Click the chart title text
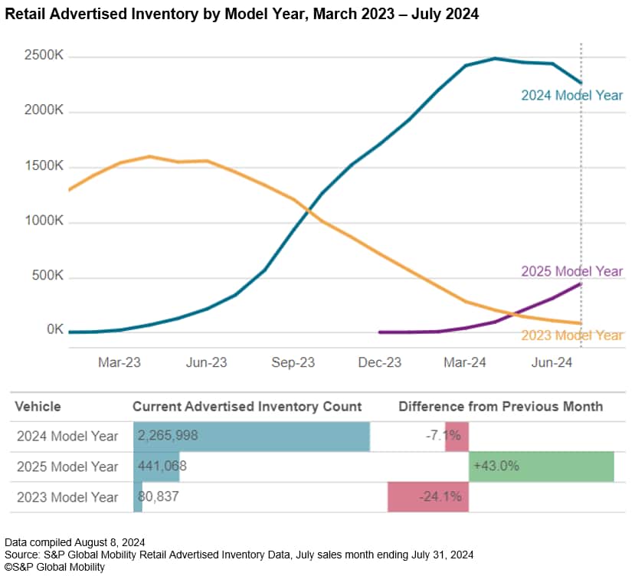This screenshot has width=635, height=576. [242, 15]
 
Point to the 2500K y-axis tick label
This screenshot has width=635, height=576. [43, 57]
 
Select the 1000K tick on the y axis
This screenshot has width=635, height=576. [43, 223]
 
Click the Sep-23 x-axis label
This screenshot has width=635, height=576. [293, 363]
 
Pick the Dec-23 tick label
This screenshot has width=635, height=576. [379, 363]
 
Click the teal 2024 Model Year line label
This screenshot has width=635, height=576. [571, 96]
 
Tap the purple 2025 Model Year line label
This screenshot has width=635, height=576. [571, 271]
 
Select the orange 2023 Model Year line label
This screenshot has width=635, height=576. [571, 335]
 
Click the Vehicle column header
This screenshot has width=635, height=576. [38, 406]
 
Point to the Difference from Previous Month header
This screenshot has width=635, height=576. [500, 406]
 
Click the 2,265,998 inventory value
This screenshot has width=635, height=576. [168, 436]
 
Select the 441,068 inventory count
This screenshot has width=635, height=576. [162, 466]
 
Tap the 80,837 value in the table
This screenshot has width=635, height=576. [159, 497]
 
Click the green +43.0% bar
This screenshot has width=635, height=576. [541, 466]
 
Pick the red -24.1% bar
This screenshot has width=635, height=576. [427, 497]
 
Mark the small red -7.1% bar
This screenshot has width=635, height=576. [457, 436]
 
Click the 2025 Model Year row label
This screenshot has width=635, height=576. [67, 466]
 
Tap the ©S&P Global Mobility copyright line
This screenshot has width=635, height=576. [54, 567]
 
